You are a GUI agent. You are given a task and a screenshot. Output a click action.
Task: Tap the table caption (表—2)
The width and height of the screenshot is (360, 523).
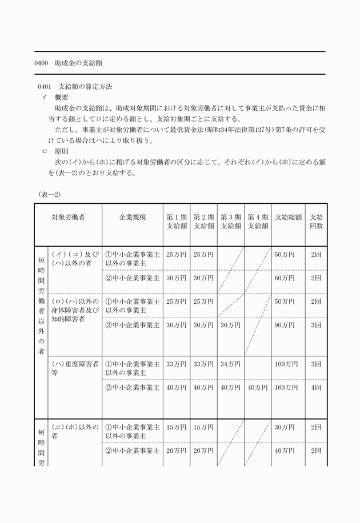(x=49, y=194)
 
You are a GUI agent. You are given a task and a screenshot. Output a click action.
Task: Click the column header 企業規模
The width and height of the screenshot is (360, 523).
(x=133, y=217)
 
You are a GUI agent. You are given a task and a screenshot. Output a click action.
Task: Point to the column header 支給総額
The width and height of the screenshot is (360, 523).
(x=288, y=217)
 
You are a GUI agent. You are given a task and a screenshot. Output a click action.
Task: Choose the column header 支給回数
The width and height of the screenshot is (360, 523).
(x=316, y=222)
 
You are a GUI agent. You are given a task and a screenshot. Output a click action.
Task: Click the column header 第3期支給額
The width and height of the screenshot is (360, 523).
(x=231, y=222)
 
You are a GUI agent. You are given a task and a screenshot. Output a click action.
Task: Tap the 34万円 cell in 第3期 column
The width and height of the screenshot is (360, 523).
(x=230, y=364)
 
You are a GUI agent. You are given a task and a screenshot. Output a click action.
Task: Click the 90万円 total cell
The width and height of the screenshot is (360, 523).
(x=284, y=325)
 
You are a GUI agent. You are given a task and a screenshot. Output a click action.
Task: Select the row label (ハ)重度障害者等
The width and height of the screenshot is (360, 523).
(x=75, y=368)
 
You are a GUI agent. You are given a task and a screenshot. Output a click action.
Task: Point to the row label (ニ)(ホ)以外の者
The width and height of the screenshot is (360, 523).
(x=75, y=431)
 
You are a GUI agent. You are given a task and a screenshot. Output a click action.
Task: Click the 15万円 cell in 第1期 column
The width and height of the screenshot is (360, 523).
(x=176, y=427)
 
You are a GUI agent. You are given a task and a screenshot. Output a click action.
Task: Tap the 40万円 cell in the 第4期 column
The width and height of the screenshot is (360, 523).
(x=258, y=388)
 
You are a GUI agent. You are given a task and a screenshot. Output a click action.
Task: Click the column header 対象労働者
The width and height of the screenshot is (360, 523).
(x=69, y=217)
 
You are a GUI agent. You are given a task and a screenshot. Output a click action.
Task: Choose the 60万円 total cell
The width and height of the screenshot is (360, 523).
(x=284, y=278)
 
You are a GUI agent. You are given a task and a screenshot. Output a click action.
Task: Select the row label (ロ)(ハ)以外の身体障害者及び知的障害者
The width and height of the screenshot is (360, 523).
(x=75, y=310)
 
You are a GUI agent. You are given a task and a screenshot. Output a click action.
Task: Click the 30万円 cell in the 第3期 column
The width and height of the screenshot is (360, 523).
(x=230, y=325)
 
